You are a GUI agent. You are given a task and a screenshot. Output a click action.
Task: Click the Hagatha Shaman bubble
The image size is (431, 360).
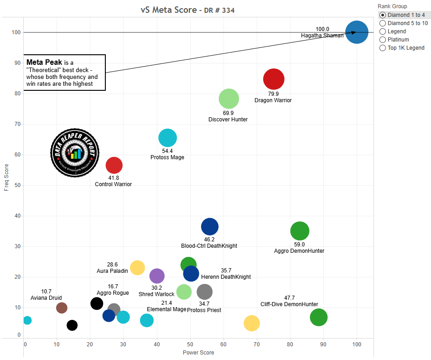(357, 32)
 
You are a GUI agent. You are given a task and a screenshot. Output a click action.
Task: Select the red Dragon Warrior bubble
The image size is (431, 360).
(274, 79)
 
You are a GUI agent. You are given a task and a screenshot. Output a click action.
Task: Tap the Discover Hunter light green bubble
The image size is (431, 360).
(229, 99)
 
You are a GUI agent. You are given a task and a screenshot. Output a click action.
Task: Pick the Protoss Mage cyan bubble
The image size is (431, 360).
(167, 138)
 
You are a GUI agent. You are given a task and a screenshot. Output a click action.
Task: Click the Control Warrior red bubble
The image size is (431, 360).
(114, 165)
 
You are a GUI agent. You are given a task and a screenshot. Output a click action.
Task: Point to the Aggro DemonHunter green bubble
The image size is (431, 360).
(300, 231)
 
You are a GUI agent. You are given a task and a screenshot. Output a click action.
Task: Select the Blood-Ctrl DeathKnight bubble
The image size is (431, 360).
(210, 226)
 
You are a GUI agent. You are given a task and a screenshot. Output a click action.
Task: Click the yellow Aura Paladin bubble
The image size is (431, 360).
(137, 268)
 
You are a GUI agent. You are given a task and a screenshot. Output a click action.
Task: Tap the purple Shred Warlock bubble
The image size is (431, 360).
(157, 276)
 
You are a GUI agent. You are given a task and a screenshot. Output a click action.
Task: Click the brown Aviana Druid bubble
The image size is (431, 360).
(62, 308)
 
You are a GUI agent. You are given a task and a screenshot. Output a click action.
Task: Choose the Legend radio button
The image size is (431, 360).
(383, 31)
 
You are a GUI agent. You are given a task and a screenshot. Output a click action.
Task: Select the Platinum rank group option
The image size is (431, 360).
(383, 40)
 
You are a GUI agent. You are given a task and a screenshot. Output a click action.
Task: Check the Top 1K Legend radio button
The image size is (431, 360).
(383, 48)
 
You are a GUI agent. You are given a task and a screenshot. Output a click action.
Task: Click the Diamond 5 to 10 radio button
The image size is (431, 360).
(383, 23)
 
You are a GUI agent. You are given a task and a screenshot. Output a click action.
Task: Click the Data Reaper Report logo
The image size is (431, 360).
(74, 152)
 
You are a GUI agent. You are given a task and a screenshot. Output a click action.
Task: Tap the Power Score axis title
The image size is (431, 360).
(198, 353)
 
